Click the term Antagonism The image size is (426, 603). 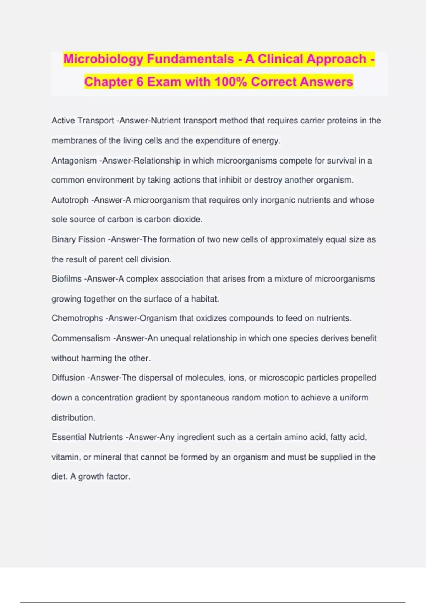tap(74, 161)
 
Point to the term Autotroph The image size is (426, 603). tap(70, 200)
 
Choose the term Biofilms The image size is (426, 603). tap(66, 279)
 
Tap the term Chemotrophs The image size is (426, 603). tap(77, 318)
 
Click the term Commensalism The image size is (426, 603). tap(81, 338)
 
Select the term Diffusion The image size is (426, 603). tap(68, 378)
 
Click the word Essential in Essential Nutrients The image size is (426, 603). tap(69, 437)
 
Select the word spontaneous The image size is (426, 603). tap(204, 398)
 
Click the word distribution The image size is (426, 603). tap(73, 417)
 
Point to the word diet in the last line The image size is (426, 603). tap(59, 476)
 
